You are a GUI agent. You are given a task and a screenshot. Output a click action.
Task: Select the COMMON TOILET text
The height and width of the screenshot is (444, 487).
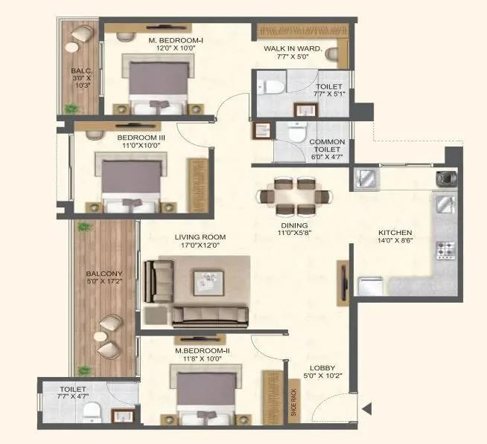point(326,147)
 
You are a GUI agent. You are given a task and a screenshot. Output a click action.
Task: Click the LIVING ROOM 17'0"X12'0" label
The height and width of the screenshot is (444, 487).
point(200,242)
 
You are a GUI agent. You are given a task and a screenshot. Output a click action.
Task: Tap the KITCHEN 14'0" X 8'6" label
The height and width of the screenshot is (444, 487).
point(395,237)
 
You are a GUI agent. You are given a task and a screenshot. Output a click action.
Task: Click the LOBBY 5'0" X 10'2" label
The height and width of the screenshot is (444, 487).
point(322,372)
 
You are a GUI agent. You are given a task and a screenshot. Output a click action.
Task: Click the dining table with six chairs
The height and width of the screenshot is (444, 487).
point(294,196)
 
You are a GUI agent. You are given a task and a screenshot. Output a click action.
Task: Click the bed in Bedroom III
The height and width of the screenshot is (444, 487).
point(130,184)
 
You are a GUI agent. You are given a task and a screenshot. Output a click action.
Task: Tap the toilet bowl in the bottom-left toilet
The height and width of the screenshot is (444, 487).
point(89,413)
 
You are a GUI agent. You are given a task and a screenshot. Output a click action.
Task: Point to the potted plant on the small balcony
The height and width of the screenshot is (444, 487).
point(71,109)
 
